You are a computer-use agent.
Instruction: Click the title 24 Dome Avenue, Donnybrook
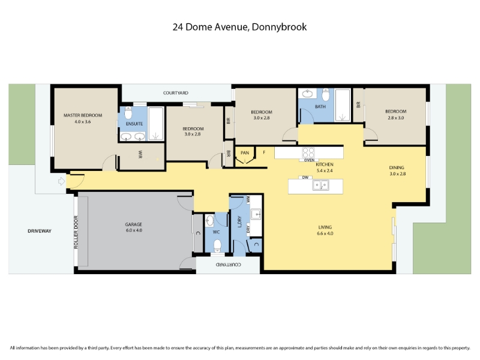(x=239, y=27)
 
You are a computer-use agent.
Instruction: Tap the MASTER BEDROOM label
(x=83, y=115)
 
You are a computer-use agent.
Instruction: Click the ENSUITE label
(x=134, y=124)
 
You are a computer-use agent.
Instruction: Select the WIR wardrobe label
(x=140, y=154)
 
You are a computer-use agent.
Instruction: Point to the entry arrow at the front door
(x=62, y=181)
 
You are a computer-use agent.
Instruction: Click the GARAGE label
(x=133, y=224)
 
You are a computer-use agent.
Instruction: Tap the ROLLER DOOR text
(x=76, y=232)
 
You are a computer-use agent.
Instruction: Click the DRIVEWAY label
(x=40, y=231)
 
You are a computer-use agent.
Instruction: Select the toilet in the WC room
(x=217, y=245)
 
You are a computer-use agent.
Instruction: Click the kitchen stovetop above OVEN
(x=308, y=153)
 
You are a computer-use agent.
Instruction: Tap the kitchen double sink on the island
(x=320, y=185)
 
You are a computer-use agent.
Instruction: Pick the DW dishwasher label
(x=305, y=177)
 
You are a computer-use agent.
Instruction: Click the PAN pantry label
(x=245, y=153)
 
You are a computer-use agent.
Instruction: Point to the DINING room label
(x=397, y=167)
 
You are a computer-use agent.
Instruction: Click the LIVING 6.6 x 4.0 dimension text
(x=325, y=233)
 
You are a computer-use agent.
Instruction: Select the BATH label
(x=320, y=107)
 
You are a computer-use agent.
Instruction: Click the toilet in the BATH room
(x=326, y=95)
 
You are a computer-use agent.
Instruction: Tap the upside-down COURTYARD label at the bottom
(x=229, y=265)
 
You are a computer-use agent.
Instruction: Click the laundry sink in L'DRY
(x=256, y=214)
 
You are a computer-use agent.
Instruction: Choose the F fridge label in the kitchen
(x=264, y=152)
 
